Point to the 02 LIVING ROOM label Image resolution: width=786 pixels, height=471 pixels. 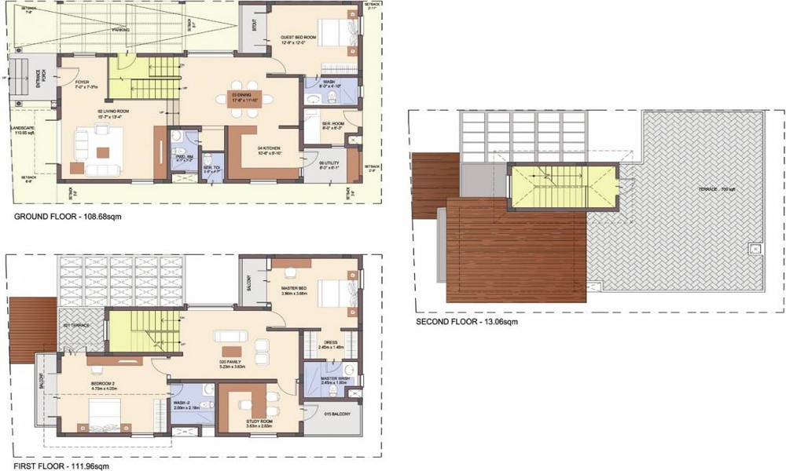pyautogui.click(x=113, y=111)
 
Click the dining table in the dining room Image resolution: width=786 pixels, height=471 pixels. pyautogui.click(x=246, y=98)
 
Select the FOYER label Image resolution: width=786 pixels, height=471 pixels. pyautogui.click(x=82, y=82)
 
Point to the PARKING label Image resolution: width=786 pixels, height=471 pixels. pyautogui.click(x=120, y=30)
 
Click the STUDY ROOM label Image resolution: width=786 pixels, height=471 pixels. pyautogui.click(x=257, y=422)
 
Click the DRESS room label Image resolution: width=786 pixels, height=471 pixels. pyautogui.click(x=331, y=341)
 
